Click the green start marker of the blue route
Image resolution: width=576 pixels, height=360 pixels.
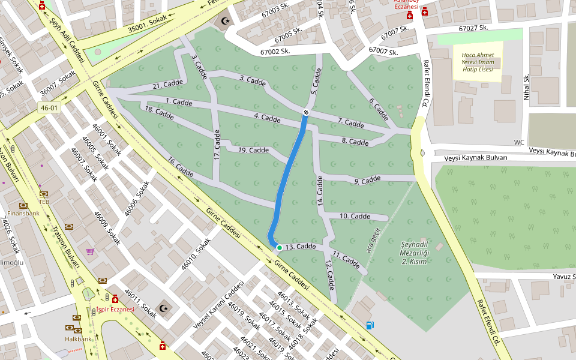(x=279, y=247)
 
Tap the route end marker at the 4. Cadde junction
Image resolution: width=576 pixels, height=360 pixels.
(x=306, y=112)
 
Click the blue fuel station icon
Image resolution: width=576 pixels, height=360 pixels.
(x=370, y=325)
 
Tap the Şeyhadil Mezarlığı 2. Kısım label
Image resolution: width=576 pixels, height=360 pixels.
(x=413, y=253)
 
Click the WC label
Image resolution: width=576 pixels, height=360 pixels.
(x=519, y=142)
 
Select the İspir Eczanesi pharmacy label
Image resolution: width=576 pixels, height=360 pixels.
(x=115, y=310)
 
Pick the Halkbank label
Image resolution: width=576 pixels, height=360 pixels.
(x=79, y=339)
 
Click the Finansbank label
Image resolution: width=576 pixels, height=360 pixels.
(x=25, y=213)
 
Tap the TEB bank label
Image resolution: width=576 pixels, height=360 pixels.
(x=44, y=202)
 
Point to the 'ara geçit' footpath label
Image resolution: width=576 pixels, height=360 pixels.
(x=374, y=240)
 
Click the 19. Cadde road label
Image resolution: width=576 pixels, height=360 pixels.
(x=253, y=150)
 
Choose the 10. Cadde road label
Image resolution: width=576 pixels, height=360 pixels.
(x=355, y=216)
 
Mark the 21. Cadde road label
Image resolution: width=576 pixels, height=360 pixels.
(x=167, y=84)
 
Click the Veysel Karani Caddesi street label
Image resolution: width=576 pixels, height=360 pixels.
(x=218, y=305)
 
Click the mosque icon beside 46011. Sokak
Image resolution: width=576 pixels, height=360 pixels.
(x=164, y=308)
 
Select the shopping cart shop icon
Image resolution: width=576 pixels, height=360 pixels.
(x=90, y=251)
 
